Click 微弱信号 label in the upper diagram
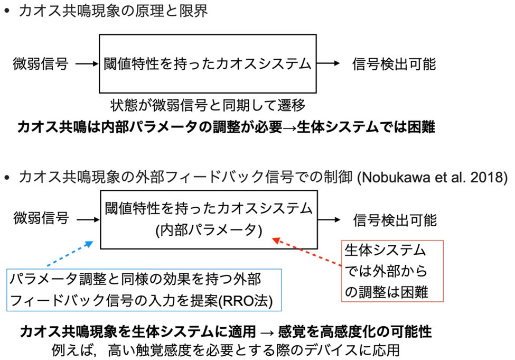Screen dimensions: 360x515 point(40,64)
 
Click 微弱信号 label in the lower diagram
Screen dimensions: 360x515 point(41,217)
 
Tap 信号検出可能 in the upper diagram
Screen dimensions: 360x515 point(394,64)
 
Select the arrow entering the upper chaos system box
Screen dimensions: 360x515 point(87,64)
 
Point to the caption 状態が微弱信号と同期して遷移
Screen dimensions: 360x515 point(208,105)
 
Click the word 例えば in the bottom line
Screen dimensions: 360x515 point(67,349)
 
